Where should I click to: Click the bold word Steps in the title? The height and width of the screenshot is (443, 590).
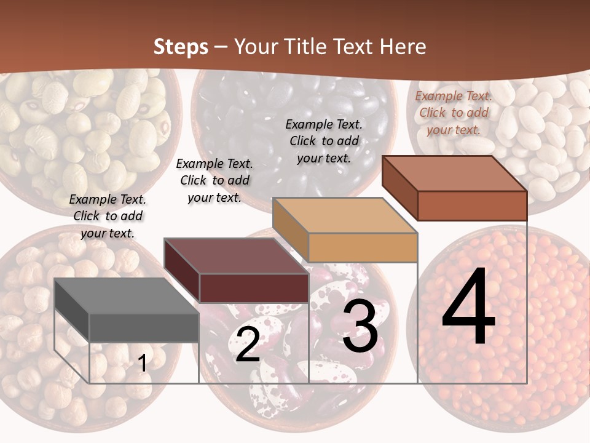coord(181,47)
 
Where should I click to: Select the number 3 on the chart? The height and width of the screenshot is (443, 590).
coord(360,325)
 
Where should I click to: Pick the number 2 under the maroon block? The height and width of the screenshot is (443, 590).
coord(248,344)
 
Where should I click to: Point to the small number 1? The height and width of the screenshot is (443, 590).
coord(143,364)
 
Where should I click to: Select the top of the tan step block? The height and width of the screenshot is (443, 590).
coord(344,215)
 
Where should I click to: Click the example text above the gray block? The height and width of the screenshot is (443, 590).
coord(108,216)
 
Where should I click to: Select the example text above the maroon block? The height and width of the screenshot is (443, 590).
coord(214,180)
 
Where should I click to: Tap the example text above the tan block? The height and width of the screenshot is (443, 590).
coord(324,141)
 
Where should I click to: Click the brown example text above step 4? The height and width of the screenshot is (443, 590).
coord(454,113)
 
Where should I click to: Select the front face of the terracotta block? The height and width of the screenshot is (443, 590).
coord(472,206)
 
